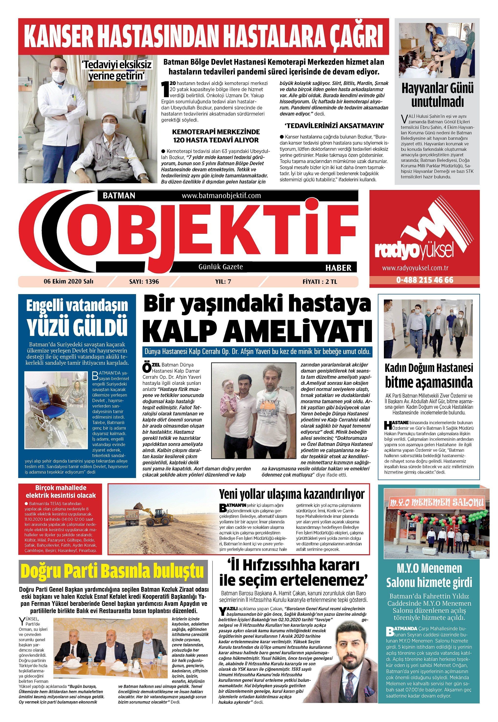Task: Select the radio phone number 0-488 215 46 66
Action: tap(425, 280)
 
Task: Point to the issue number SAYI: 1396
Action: tap(144, 282)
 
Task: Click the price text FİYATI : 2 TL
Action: tap(320, 282)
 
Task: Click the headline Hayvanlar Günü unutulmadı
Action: tap(437, 95)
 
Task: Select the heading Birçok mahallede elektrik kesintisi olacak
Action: tap(61, 492)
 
